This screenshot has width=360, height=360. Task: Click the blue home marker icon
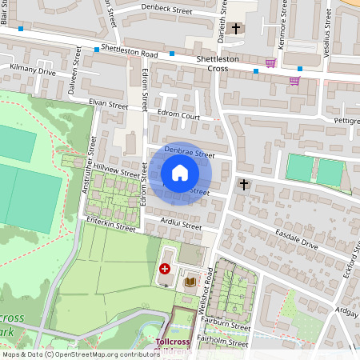click(x=180, y=173)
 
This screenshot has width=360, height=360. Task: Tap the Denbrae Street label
click(x=190, y=152)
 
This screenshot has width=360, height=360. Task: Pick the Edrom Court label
click(x=178, y=116)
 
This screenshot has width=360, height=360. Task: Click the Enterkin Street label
click(x=110, y=227)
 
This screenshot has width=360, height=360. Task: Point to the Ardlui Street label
click(x=181, y=226)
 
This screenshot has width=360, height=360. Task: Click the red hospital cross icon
click(x=166, y=270)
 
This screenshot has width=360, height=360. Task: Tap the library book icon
click(x=190, y=282)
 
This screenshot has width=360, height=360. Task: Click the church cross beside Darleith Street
click(x=235, y=29)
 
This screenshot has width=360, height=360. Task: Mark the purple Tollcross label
click(x=173, y=342)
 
